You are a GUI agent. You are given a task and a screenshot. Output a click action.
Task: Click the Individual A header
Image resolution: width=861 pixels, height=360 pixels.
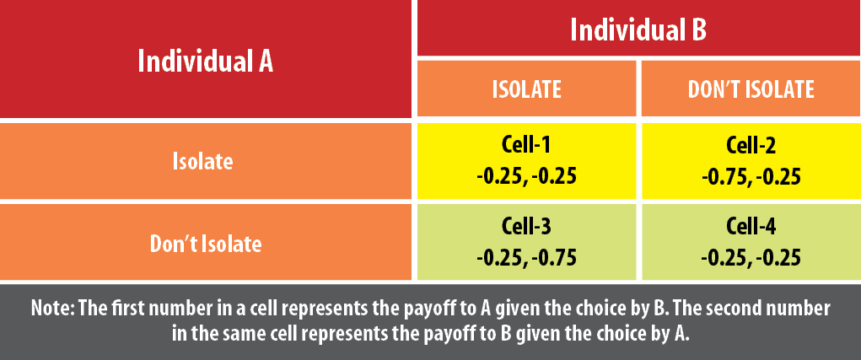pyautogui.click(x=206, y=62)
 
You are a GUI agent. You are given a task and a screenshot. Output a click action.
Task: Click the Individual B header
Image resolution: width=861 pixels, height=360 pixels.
pyautogui.click(x=638, y=30)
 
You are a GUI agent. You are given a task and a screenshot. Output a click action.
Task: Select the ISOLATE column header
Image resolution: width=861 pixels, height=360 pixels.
pyautogui.click(x=526, y=89)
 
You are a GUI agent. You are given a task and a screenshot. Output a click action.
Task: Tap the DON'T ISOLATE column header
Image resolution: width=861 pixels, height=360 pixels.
pyautogui.click(x=751, y=89)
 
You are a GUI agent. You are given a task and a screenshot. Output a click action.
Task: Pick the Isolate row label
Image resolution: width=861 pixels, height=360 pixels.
pyautogui.click(x=203, y=162)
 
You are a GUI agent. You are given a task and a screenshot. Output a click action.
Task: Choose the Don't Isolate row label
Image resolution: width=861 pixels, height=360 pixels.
pyautogui.click(x=206, y=244)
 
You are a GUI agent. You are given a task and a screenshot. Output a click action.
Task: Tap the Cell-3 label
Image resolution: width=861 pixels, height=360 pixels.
pyautogui.click(x=526, y=227)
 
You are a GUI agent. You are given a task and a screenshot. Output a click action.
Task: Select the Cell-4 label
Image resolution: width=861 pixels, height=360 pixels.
pyautogui.click(x=751, y=227)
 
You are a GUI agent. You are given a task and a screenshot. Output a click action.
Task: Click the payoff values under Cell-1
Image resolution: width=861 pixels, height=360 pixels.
pyautogui.click(x=526, y=177)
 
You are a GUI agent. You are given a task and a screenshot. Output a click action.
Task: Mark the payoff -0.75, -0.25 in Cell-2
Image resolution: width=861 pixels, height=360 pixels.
pyautogui.click(x=751, y=177)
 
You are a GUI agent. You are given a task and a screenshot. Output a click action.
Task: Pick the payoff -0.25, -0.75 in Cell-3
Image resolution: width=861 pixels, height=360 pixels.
pyautogui.click(x=526, y=258)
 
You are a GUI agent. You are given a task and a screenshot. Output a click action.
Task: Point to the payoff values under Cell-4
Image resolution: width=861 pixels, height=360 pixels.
pyautogui.click(x=751, y=258)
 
